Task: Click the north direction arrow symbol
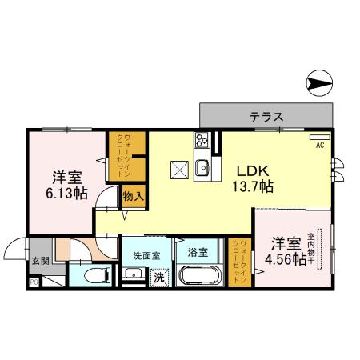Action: (319, 82)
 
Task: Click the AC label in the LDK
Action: (319, 145)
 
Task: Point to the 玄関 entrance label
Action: (40, 260)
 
